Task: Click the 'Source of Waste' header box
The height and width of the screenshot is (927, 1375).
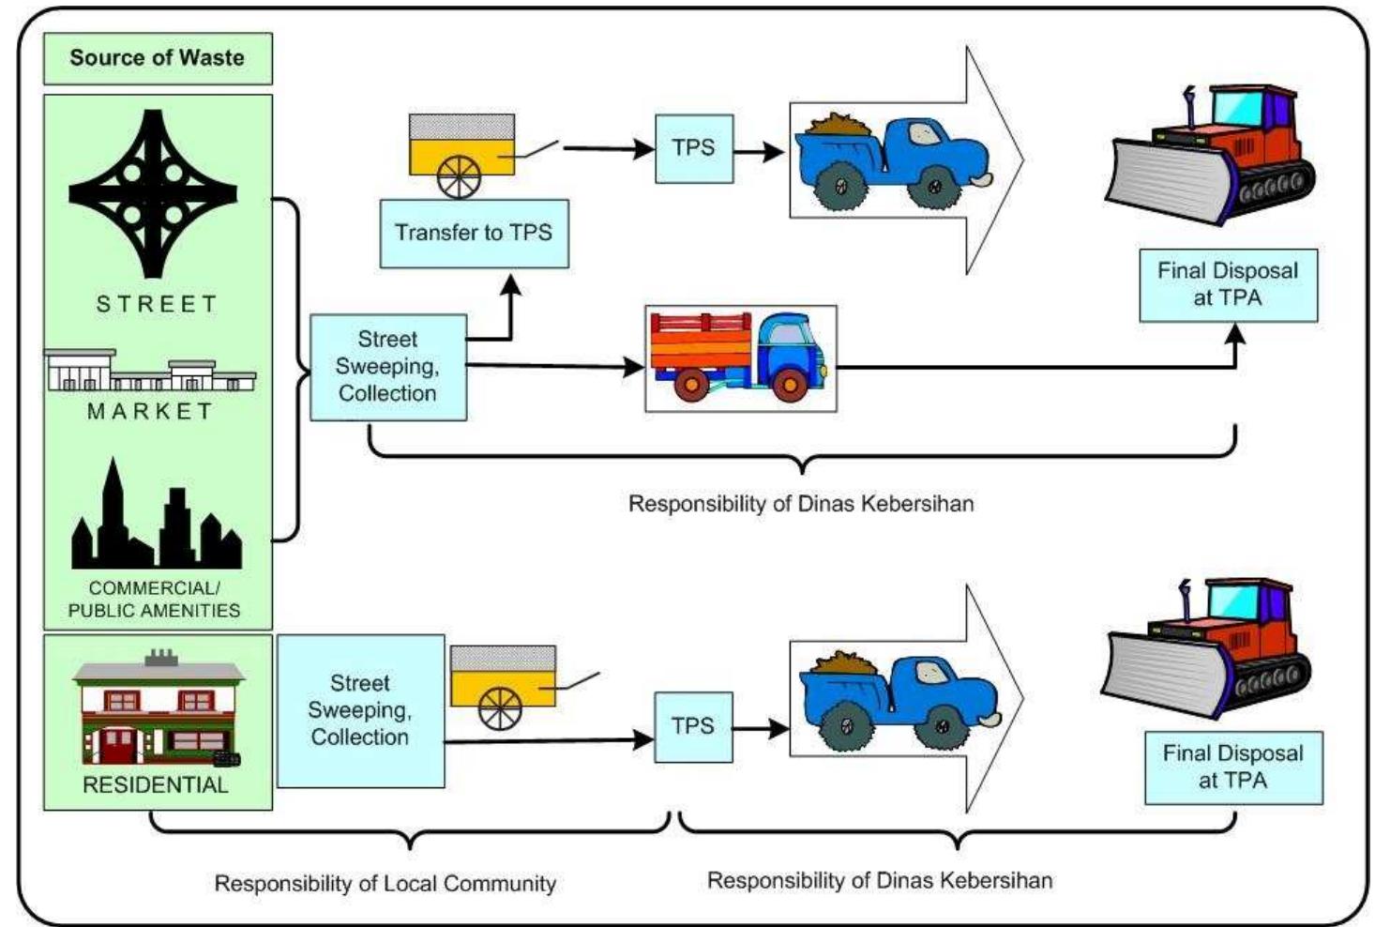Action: (x=158, y=58)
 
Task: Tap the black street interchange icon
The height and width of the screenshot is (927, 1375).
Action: (x=153, y=193)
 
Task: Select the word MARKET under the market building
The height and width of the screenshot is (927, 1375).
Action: (x=150, y=411)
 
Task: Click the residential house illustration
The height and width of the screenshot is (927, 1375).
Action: (x=158, y=708)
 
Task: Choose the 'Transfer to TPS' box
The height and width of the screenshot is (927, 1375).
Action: (x=474, y=233)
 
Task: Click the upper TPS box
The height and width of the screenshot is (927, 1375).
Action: (x=693, y=148)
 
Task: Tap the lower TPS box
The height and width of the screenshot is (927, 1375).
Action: (x=693, y=726)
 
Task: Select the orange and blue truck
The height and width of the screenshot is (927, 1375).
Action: (x=740, y=357)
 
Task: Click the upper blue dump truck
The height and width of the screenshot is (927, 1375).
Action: (x=891, y=160)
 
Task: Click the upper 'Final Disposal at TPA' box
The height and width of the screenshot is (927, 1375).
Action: (x=1228, y=285)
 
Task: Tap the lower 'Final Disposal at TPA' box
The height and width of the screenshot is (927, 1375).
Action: (x=1233, y=767)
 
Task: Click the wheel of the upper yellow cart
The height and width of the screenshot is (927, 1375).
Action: (x=459, y=175)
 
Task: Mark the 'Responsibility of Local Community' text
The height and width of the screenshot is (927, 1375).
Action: (x=385, y=884)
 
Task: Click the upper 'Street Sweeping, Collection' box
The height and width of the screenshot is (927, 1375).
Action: (x=388, y=367)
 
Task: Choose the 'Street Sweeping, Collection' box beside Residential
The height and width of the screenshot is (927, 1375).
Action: (x=360, y=710)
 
